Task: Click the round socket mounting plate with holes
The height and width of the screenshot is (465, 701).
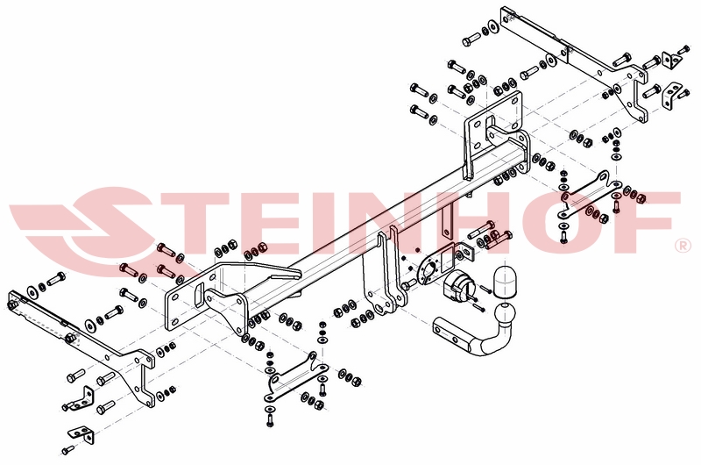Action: pos(429,269)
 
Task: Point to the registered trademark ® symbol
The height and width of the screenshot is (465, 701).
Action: pos(684,246)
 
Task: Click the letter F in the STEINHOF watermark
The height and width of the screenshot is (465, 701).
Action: pos(652,222)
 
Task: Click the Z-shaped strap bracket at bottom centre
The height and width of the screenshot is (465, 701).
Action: pos(295,377)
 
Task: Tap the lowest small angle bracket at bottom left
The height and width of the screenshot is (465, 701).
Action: pos(82,435)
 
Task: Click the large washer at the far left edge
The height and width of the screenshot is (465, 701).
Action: pos(32,292)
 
